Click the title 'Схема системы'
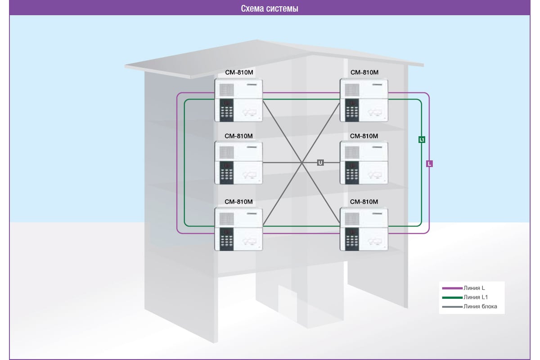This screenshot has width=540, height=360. pos(270,9)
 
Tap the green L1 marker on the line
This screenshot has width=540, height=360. pos(422,139)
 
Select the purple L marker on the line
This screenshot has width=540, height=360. pos(429,164)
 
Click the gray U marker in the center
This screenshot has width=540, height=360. pos(320,162)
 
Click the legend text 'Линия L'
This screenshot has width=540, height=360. pos(472,288)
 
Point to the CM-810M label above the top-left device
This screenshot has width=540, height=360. pos(238,72)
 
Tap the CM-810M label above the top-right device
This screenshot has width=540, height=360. pos(364,72)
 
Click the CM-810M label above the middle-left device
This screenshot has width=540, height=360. pos(238,136)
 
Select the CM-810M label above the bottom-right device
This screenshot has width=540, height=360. pos(364,201)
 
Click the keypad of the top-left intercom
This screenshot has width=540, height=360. pos(227,110)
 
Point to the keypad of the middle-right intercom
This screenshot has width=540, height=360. pos(352,172)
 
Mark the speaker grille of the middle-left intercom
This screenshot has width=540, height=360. pos(226,152)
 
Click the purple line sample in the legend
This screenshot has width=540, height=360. pos(452,288)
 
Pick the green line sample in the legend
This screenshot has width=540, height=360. pos(452,297)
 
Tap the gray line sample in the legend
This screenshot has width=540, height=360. pos(452,307)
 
